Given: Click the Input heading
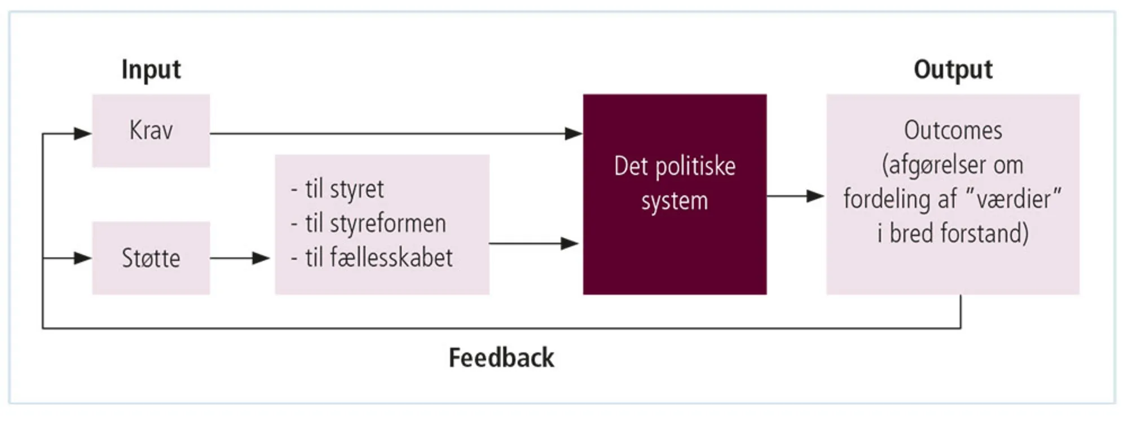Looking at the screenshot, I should [x=151, y=69].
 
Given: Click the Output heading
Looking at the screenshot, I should [x=953, y=69].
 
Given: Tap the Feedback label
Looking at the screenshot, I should [x=501, y=358].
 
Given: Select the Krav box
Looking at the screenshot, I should [x=151, y=130].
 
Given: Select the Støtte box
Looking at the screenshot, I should [x=151, y=258].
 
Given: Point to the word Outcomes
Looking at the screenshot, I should [x=953, y=130].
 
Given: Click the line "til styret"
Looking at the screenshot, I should [x=344, y=189].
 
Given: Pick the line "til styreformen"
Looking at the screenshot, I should [x=375, y=224].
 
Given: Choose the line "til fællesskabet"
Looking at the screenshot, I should [x=378, y=258].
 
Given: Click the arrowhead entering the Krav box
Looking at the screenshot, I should [x=83, y=134].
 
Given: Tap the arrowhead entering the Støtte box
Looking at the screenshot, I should [x=83, y=258].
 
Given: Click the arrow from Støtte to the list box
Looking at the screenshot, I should [x=240, y=258].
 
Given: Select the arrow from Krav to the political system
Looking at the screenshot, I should [x=395, y=134].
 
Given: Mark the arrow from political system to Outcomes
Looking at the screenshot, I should [x=795, y=196].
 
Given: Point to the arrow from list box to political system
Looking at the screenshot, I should [x=533, y=243].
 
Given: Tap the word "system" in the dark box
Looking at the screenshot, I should [x=675, y=201].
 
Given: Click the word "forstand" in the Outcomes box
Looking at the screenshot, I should [x=986, y=233].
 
